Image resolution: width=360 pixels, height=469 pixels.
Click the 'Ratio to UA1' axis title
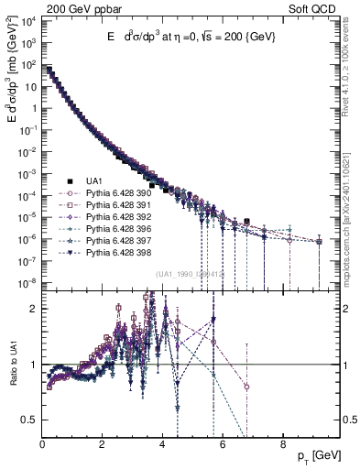[x=12, y=365]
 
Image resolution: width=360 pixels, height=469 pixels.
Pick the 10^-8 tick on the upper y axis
[x=29, y=282]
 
